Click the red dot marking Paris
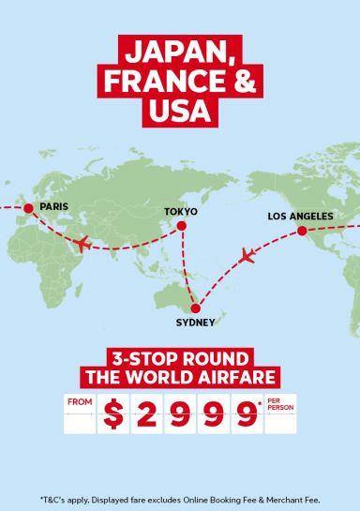[x=28, y=207]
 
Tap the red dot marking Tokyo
[x=182, y=225]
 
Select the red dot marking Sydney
[x=195, y=308]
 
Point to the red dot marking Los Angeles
[x=302, y=230]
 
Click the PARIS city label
[x=53, y=206]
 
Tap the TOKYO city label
[x=181, y=212]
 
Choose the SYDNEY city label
[x=195, y=323]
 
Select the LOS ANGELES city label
[x=299, y=216]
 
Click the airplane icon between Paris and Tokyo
[x=81, y=245]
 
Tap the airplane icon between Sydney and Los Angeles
[x=248, y=255]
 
